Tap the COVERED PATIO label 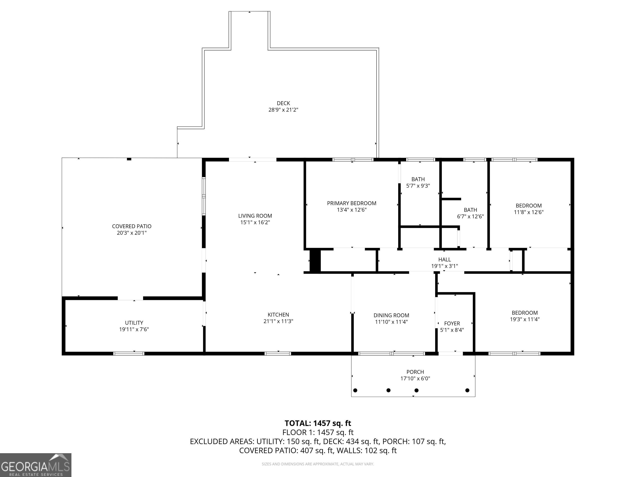[132, 226]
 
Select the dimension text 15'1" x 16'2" [255, 222]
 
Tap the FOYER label [452, 323]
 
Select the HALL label [444, 260]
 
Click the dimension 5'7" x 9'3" [418, 186]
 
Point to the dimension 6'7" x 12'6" [470, 217]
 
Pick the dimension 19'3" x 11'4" [525, 319]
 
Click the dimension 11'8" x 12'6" [529, 212]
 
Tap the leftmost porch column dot [355, 390]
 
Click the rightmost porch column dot [467, 390]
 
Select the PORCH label [415, 372]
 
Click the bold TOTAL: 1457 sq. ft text [318, 423]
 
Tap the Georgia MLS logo [36, 465]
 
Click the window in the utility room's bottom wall [129, 353]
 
